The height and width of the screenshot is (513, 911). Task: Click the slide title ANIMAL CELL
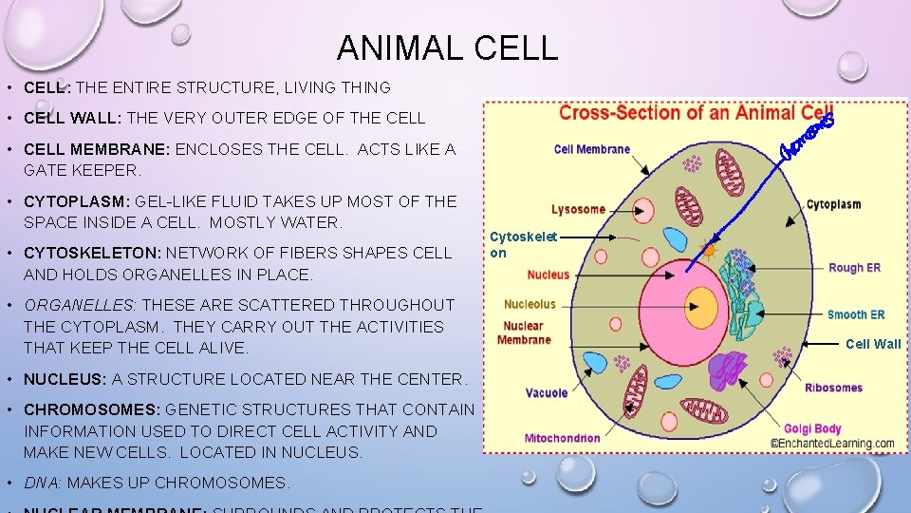pyautogui.click(x=447, y=47)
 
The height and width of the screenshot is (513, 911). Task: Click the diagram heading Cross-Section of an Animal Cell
pyautogui.click(x=696, y=113)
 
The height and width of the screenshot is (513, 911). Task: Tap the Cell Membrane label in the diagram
pyautogui.click(x=591, y=149)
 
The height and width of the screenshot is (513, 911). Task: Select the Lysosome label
pyautogui.click(x=578, y=209)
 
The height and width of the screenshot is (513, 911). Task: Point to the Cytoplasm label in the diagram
pyautogui.click(x=833, y=204)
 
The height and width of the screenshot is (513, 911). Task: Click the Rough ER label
pyautogui.click(x=854, y=268)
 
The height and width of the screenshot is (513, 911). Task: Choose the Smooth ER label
pyautogui.click(x=855, y=314)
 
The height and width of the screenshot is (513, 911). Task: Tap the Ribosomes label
pyautogui.click(x=833, y=388)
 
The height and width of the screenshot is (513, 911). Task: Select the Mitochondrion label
pyautogui.click(x=563, y=438)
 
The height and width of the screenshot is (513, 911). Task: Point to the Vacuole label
pyautogui.click(x=547, y=392)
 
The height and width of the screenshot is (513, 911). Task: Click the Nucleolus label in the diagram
pyautogui.click(x=530, y=305)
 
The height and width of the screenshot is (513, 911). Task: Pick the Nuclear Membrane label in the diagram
pyautogui.click(x=524, y=332)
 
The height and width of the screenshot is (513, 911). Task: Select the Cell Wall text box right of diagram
pyautogui.click(x=873, y=344)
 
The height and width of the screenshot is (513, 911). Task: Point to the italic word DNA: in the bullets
pyautogui.click(x=42, y=483)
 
